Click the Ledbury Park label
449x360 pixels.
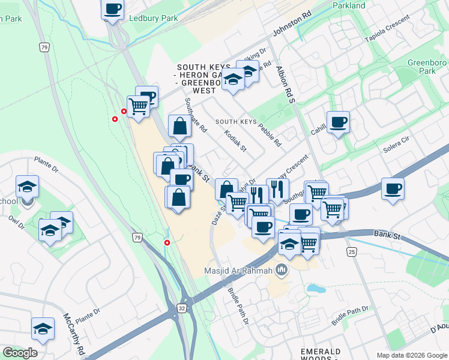click(x=153, y=19)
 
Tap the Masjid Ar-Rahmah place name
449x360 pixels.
click(x=239, y=271)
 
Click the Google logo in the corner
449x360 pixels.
click(x=20, y=353)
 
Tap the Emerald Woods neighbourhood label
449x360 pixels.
click(x=321, y=355)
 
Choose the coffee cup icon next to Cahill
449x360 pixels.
click(x=338, y=122)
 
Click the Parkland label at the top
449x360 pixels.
click(x=349, y=5)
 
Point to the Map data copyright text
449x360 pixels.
click(x=412, y=355)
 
